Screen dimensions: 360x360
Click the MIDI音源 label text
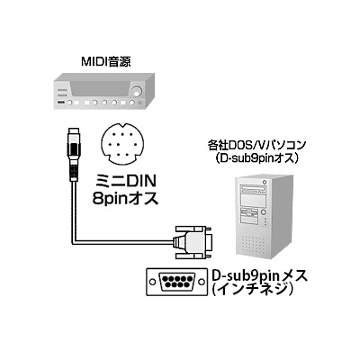(x=106, y=61)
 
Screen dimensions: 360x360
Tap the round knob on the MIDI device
(x=138, y=91)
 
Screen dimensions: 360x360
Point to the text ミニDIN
(x=124, y=182)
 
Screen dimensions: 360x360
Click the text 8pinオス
(x=125, y=198)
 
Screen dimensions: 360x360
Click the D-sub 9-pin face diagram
(x=176, y=282)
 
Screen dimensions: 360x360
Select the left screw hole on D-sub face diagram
(x=153, y=282)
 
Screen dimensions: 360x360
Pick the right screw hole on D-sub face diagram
(x=200, y=282)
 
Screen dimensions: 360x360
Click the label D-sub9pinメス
(x=260, y=275)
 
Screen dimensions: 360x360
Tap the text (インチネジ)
(x=253, y=290)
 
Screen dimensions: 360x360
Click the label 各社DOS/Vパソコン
(x=256, y=146)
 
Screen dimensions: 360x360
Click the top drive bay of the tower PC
(x=254, y=190)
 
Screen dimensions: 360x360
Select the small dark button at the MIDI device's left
(x=61, y=103)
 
